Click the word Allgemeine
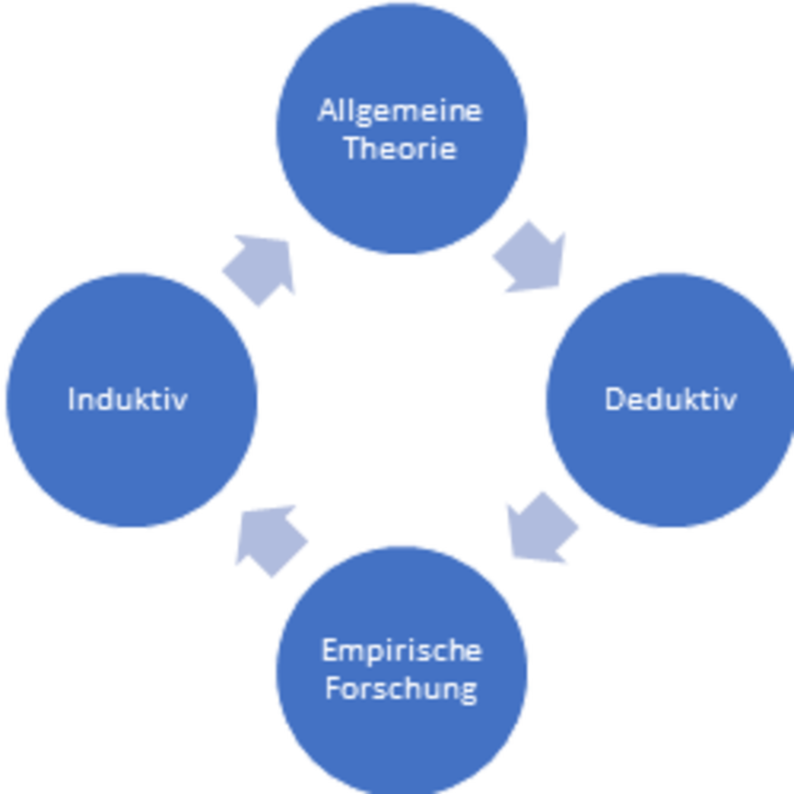(399, 111)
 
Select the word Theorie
(399, 149)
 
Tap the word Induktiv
(127, 399)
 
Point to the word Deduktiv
(670, 399)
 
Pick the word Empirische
(401, 651)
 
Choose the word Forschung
(401, 688)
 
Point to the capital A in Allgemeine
(328, 111)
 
